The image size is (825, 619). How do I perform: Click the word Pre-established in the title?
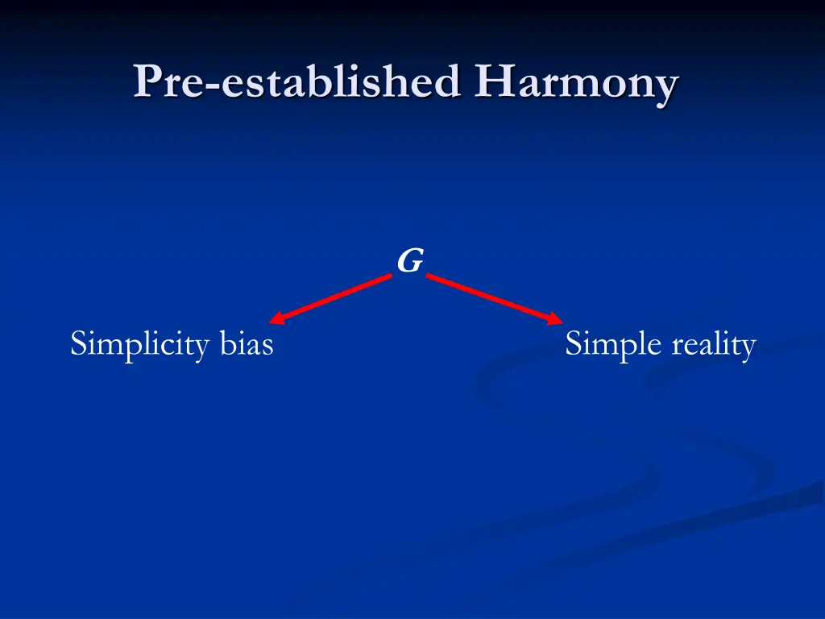click(x=298, y=82)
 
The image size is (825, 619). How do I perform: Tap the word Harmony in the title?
click(x=575, y=82)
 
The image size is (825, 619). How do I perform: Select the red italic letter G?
click(x=409, y=261)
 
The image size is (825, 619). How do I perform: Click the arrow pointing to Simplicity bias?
click(x=330, y=299)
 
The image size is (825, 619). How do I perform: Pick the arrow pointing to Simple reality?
click(x=494, y=299)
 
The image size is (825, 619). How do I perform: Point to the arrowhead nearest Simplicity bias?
click(x=276, y=320)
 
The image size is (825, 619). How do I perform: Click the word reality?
click(x=713, y=345)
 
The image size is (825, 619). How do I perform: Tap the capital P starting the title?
click(x=147, y=82)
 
